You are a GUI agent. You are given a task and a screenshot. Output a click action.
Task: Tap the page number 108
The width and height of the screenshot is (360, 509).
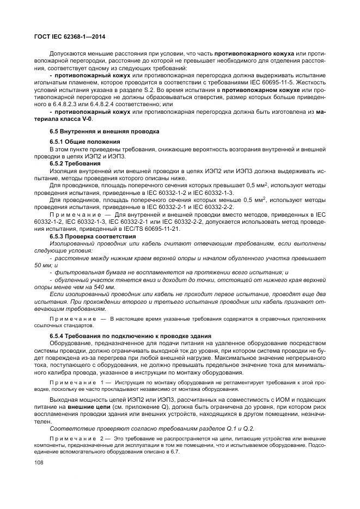(x=40, y=462)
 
